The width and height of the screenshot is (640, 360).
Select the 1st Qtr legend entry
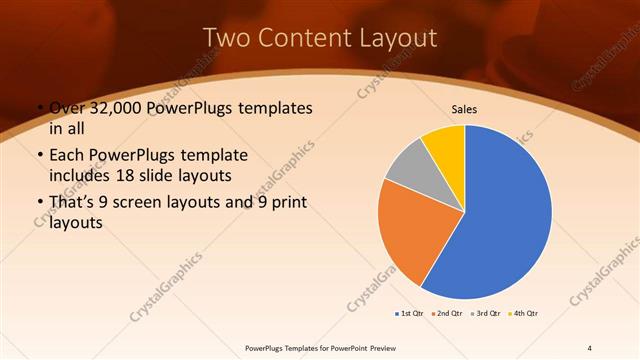tap(410, 314)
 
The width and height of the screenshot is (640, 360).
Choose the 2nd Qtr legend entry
tap(448, 314)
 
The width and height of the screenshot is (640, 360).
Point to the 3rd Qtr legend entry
tap(486, 314)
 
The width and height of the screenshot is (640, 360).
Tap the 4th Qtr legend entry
tap(524, 314)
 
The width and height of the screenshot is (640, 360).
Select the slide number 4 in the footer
tap(590, 347)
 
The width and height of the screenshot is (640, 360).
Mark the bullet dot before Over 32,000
tap(38, 108)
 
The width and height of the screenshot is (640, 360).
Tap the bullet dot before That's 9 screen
tap(38, 204)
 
